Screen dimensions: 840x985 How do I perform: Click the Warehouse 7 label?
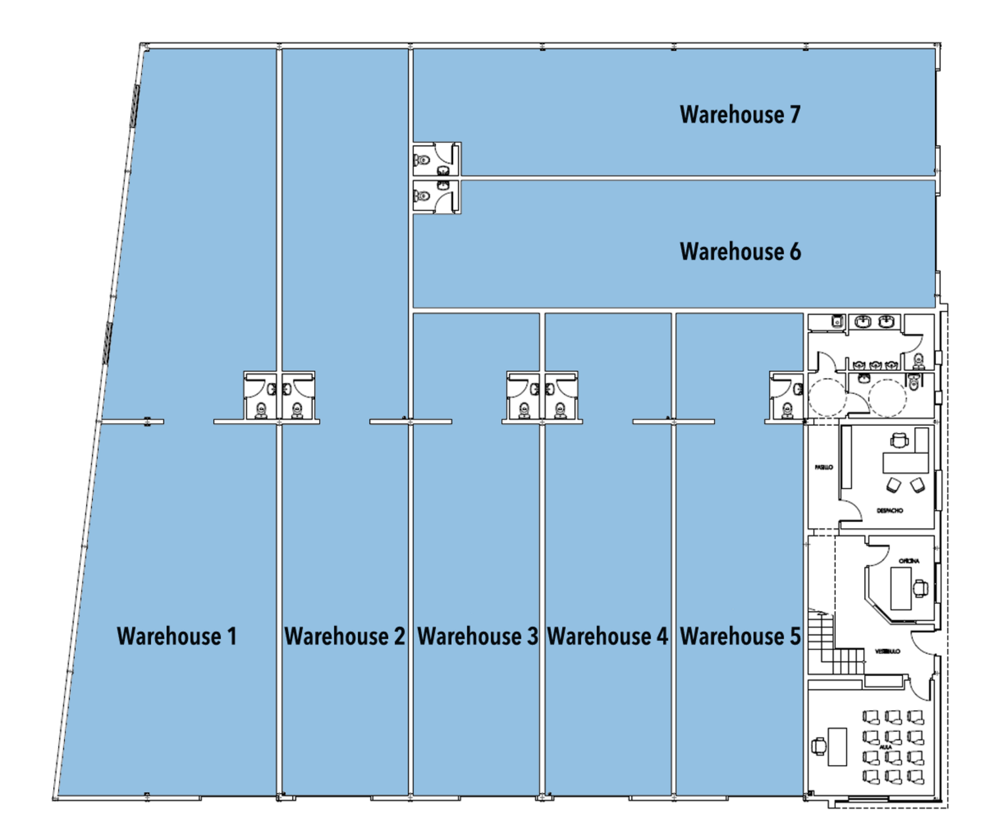740,115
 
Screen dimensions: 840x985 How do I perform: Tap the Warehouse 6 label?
740,252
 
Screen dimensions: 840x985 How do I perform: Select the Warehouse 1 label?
177,636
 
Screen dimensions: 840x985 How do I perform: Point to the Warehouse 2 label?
345,636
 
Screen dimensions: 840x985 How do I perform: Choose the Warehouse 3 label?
477,636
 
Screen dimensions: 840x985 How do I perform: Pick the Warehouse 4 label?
607,636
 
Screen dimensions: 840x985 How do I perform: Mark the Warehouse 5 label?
740,636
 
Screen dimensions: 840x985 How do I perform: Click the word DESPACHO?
889,511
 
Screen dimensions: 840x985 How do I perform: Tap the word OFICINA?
909,561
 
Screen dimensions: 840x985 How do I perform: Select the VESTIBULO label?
886,652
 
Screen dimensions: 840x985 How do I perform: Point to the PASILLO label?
823,468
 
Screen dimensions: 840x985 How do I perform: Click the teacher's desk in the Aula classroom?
837,746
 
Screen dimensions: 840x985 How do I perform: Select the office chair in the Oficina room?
921,587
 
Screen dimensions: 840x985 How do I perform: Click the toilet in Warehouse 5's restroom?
786,410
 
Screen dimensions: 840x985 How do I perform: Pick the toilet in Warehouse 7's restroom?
423,159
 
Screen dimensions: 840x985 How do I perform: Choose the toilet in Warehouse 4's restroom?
559,410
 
